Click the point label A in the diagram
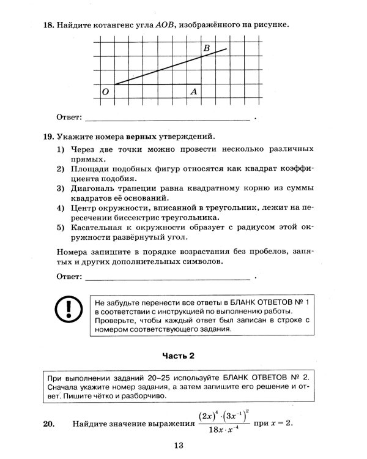tap(193, 92)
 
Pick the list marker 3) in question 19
tap(61, 188)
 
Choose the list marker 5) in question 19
tap(61, 228)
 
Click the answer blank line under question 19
tap(168, 279)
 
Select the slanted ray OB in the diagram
tap(171, 66)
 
